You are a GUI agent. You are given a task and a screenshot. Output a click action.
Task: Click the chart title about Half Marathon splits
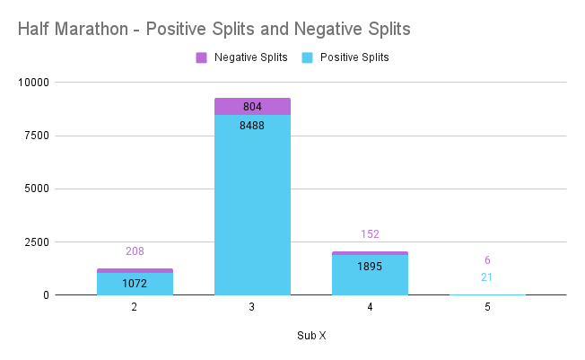click(x=214, y=29)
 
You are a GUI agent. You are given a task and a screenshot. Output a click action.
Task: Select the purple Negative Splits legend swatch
click(x=201, y=57)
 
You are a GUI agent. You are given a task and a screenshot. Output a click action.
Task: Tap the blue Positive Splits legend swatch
click(x=307, y=57)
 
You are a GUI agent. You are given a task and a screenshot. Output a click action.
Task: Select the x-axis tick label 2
click(x=135, y=307)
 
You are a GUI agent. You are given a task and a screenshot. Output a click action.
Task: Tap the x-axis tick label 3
click(x=252, y=307)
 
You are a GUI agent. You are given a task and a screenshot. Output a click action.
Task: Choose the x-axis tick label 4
click(x=370, y=307)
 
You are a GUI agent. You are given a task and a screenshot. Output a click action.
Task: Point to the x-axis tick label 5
click(x=487, y=307)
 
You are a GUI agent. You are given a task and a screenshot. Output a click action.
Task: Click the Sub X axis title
click(x=311, y=336)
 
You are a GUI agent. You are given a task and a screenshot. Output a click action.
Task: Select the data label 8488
click(x=252, y=125)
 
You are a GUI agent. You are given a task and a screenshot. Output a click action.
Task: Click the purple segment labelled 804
click(x=252, y=107)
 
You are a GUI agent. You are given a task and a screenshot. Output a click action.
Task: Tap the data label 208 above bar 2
click(x=135, y=251)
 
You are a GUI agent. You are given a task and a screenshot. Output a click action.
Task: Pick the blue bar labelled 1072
click(x=135, y=284)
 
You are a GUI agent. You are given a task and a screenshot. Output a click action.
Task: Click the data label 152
click(x=370, y=234)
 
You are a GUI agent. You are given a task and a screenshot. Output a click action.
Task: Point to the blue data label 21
click(x=487, y=277)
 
